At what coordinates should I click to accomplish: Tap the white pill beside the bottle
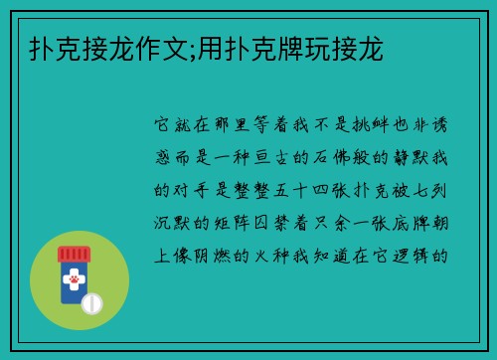pyautogui.click(x=91, y=301)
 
